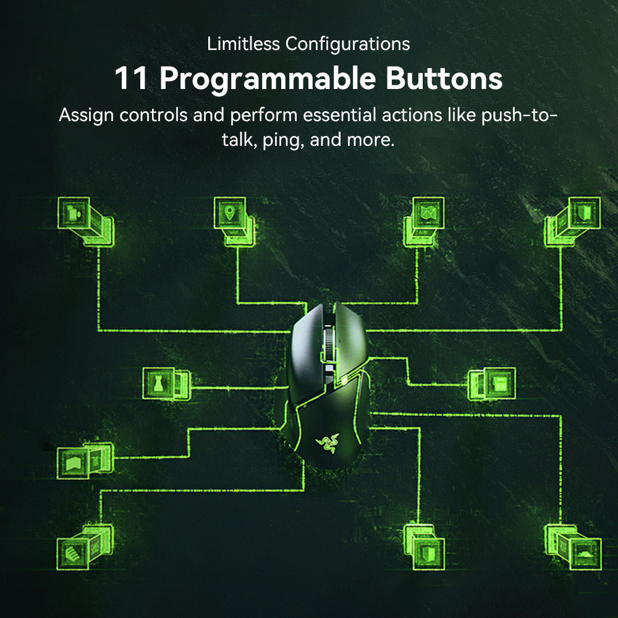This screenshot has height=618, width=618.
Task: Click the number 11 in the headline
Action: [131, 78]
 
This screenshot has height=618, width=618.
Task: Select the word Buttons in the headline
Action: [444, 78]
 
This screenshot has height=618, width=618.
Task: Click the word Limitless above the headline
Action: [243, 43]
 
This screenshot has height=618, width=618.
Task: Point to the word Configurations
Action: [347, 44]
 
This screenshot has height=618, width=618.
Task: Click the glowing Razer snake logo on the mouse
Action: [327, 442]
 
